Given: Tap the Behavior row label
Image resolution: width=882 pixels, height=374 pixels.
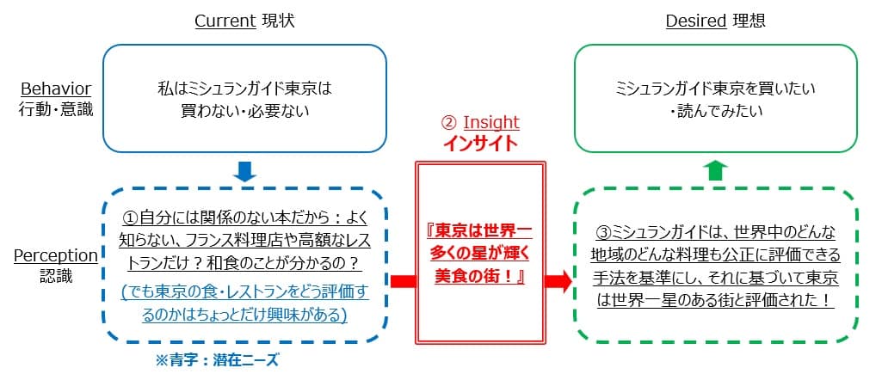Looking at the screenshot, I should (x=57, y=89).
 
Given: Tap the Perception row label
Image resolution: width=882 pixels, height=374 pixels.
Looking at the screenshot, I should (x=57, y=255).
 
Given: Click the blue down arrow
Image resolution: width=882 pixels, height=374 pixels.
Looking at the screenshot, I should (x=245, y=171).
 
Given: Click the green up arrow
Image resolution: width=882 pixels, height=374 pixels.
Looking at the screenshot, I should (x=715, y=170).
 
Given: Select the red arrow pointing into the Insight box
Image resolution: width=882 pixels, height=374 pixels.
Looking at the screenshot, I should (x=402, y=281).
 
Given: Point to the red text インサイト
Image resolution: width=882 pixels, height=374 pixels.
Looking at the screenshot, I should (x=480, y=143).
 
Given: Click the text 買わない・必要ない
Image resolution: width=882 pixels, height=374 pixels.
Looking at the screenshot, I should (x=244, y=111).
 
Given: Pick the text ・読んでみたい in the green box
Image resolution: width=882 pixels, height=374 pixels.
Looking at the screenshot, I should (x=715, y=111).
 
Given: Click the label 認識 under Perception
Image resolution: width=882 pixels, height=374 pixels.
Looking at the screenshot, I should (x=57, y=275).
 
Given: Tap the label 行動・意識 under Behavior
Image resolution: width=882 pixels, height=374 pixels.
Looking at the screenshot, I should (x=57, y=109).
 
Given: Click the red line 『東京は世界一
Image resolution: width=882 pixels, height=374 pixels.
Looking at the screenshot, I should (x=480, y=230).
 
